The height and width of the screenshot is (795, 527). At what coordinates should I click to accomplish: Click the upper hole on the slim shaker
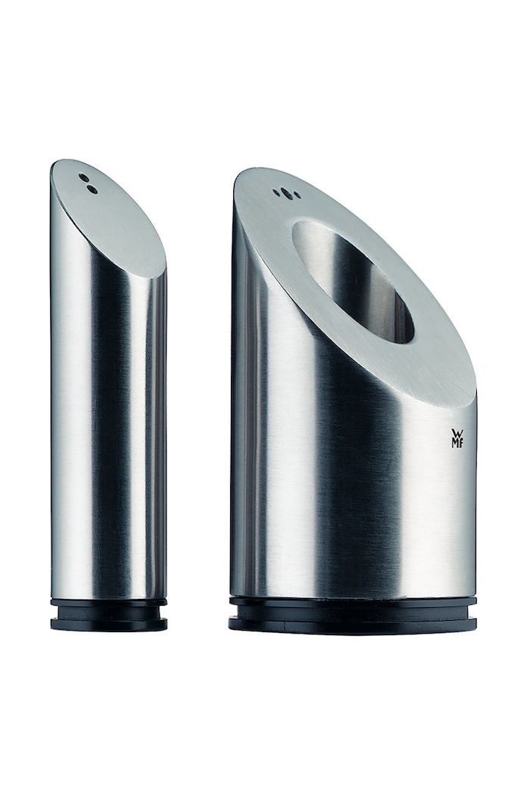(x=82, y=178)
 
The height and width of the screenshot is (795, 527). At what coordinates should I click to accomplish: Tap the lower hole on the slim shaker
(x=92, y=189)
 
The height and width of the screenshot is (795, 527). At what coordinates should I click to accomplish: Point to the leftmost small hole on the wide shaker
(x=276, y=192)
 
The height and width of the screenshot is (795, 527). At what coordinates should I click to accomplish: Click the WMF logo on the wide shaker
(x=457, y=438)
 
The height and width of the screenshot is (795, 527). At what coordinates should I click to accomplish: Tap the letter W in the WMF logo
(x=457, y=433)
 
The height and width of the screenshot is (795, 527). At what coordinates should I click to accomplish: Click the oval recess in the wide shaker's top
(x=354, y=282)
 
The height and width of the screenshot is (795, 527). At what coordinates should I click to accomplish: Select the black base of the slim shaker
(x=108, y=615)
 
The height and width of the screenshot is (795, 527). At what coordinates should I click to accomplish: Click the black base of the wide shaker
(x=353, y=615)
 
